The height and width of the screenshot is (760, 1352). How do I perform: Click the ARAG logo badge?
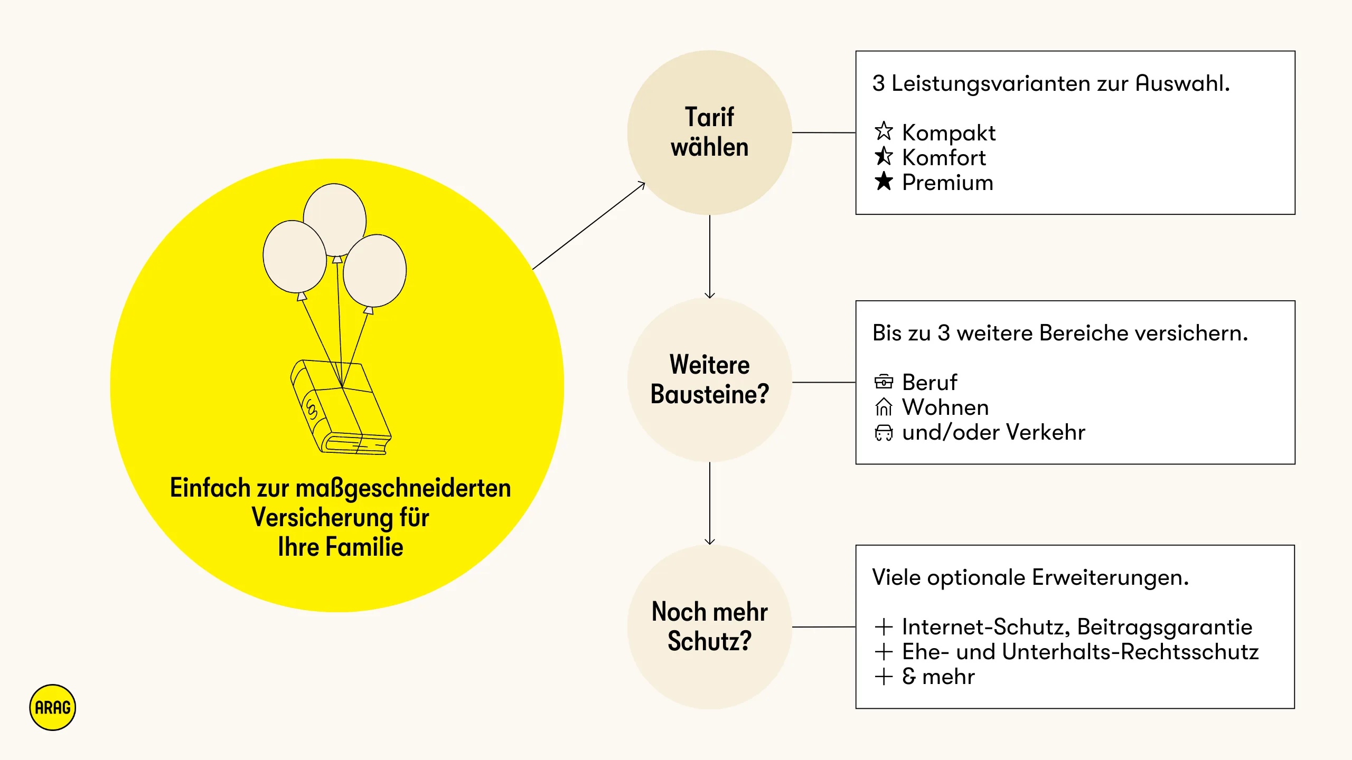(x=53, y=708)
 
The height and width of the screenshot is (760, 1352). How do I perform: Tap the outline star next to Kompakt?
(x=884, y=131)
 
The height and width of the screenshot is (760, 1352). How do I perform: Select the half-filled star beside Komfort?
(x=884, y=156)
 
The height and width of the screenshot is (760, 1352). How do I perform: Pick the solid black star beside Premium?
(x=884, y=181)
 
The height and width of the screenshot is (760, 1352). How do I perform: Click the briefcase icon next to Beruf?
(x=884, y=381)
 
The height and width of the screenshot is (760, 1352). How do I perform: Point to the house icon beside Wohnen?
(x=884, y=406)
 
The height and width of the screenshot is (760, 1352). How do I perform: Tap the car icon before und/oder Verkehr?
(x=884, y=432)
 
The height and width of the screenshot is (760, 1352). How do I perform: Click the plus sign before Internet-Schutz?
(x=884, y=627)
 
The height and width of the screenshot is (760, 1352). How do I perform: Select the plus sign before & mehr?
(x=884, y=677)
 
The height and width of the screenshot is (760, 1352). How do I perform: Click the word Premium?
(x=947, y=183)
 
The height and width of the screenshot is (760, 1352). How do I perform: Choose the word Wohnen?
(x=945, y=407)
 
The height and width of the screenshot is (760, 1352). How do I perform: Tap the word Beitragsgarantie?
(x=1165, y=628)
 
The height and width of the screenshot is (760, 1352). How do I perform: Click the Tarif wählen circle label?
(x=709, y=132)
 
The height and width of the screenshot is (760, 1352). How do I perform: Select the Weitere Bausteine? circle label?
(x=709, y=379)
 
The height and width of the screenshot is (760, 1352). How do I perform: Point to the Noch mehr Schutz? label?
(x=709, y=626)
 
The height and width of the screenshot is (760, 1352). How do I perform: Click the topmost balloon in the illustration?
(x=335, y=219)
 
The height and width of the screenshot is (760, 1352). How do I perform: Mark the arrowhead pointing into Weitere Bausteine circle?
(x=710, y=295)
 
